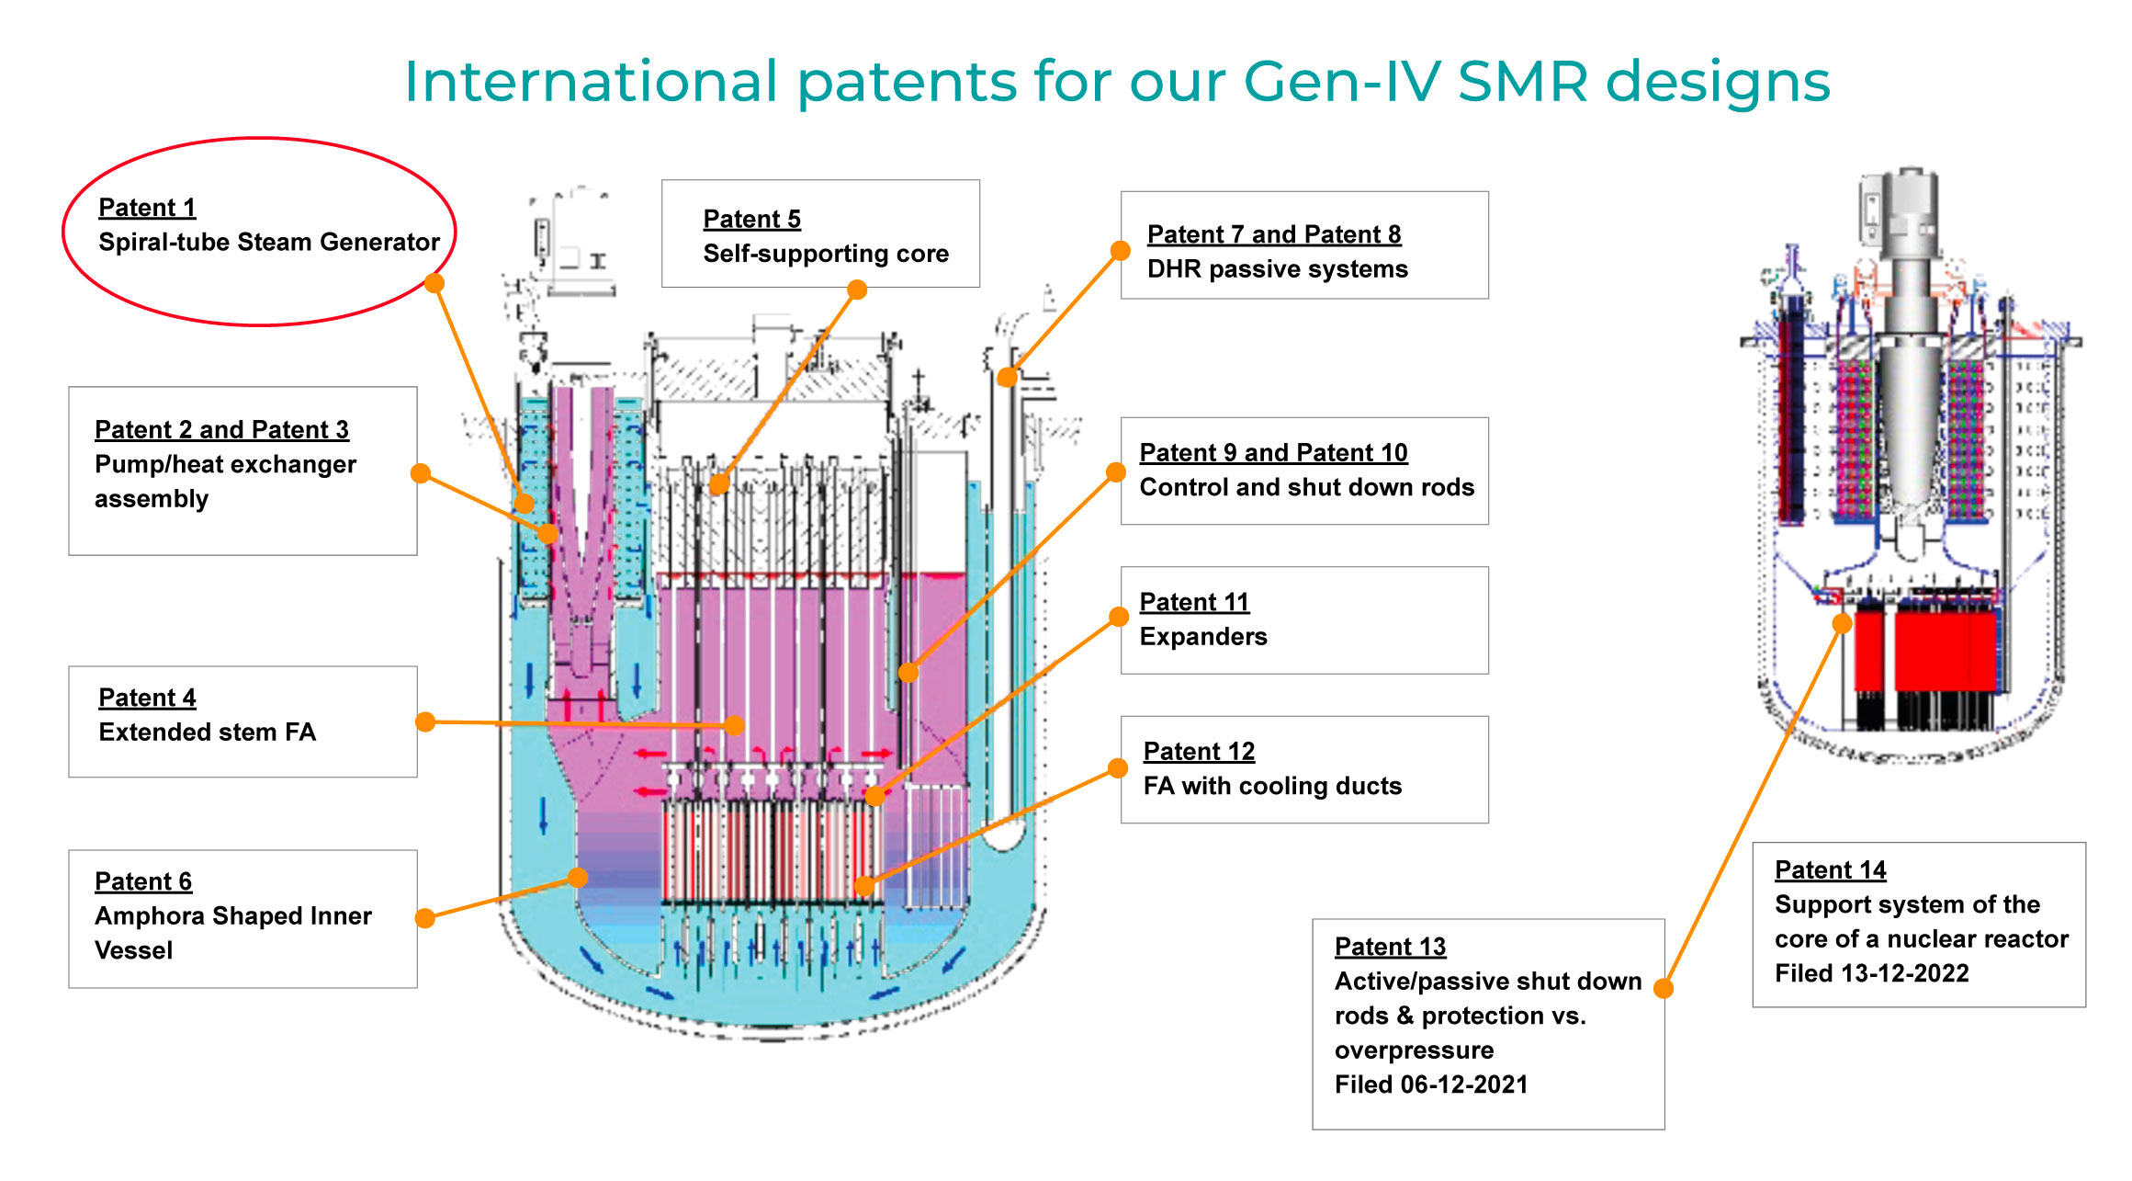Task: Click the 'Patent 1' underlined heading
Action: pos(147,208)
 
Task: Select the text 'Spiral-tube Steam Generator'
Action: pos(269,242)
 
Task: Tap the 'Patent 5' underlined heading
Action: pos(751,220)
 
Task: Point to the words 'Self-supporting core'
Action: pos(826,254)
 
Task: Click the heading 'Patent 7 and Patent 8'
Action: pos(1274,235)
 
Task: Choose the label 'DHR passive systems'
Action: pos(1278,269)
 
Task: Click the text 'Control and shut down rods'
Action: pos(1307,487)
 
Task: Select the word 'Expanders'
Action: pos(1203,637)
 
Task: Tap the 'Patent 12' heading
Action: pos(1199,752)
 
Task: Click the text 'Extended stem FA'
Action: pos(208,732)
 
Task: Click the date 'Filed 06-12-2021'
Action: pos(1431,1085)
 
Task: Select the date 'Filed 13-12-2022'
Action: pos(1872,973)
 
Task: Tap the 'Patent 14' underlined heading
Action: pos(1831,870)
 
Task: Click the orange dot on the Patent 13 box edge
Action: pos(1664,989)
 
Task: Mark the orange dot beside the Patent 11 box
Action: pos(1119,617)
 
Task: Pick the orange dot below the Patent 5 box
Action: pos(857,290)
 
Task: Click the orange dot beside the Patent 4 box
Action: pos(425,722)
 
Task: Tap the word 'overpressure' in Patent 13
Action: pos(1414,1050)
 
